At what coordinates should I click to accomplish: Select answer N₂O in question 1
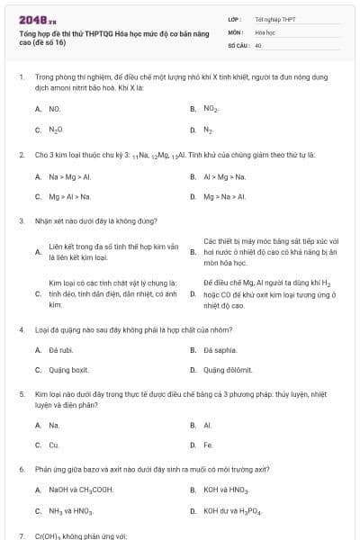[56, 130]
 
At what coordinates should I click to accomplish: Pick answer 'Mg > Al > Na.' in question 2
[70, 196]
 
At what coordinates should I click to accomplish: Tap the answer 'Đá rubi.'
[62, 348]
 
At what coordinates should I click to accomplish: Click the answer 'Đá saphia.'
[220, 348]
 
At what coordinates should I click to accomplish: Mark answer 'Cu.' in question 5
[54, 445]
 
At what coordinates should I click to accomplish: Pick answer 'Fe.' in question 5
[208, 445]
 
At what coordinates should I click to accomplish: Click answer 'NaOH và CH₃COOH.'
[81, 490]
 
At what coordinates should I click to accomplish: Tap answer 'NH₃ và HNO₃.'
[71, 511]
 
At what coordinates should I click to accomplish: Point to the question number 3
[21, 220]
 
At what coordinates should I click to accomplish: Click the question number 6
[21, 469]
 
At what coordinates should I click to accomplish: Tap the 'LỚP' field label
[235, 18]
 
